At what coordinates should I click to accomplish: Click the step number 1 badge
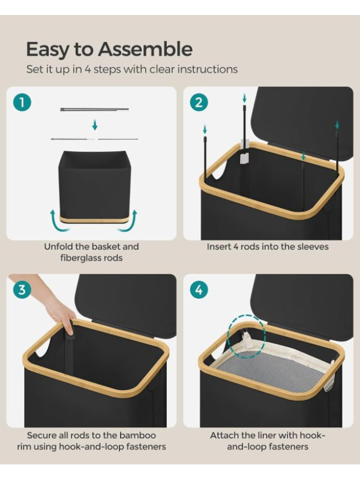pos(22,102)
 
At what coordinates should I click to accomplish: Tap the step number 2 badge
pos(199,102)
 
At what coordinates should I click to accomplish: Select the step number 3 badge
pos(22,290)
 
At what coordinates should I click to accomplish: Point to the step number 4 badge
pos(199,290)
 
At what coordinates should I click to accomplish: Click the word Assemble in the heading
pos(145,49)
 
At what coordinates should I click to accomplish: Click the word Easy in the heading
pos(48,50)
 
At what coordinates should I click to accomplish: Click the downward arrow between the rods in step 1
pos(95,125)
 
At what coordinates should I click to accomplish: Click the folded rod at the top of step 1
pos(95,109)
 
